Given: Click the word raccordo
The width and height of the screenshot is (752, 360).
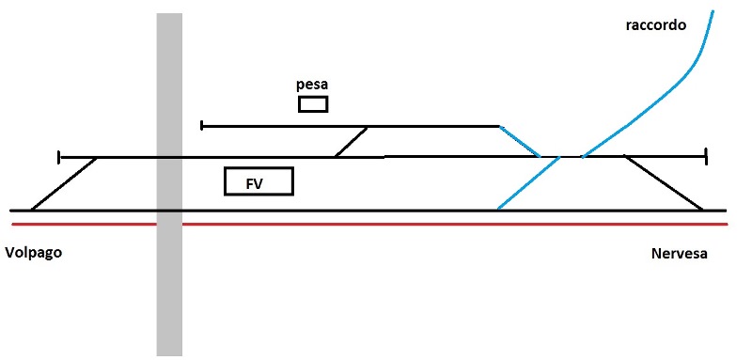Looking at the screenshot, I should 656,25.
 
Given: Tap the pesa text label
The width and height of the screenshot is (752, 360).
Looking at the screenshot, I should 312,85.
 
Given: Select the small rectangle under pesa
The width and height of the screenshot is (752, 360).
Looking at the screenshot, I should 313,103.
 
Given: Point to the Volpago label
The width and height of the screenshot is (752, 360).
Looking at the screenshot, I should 33,254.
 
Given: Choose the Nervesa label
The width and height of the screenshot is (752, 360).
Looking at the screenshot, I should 678,255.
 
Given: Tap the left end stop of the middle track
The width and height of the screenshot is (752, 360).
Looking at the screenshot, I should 59,157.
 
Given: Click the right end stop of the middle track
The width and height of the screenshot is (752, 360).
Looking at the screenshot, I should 705,157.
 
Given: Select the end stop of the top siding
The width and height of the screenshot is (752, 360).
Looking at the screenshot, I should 202,125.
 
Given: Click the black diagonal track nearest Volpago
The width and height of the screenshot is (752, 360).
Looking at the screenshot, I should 64,183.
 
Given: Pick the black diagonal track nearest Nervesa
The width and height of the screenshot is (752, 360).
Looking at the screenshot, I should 664,183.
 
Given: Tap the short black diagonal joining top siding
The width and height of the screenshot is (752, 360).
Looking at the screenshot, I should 352,141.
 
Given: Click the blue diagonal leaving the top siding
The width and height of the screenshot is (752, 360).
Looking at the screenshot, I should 519,141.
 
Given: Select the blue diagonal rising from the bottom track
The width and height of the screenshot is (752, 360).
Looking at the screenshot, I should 526,183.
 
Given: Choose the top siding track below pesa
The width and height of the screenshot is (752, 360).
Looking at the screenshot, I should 282,125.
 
